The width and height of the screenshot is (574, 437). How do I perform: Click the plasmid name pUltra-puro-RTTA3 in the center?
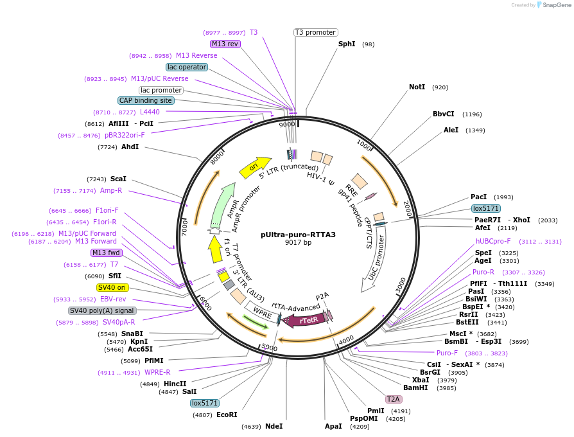pos(298,235)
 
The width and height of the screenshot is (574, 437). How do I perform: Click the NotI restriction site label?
pos(417,87)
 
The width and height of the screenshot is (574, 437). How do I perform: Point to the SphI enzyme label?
pos(347,44)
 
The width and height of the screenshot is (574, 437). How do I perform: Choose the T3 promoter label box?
pos(316,32)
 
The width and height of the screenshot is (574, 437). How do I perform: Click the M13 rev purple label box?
pos(225,44)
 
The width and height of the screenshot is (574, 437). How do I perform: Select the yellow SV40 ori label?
pos(112,287)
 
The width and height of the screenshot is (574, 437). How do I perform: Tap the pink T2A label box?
pos(393,399)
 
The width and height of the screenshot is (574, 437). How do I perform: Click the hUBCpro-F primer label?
pos(493,241)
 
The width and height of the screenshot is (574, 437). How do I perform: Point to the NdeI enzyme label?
pos(274,426)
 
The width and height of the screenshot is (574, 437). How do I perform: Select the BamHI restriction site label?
pos(415,388)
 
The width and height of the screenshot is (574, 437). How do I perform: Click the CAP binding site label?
pos(146,100)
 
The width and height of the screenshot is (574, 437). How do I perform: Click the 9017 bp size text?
pos(298,243)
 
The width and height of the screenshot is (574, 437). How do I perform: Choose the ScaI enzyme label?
pos(118,179)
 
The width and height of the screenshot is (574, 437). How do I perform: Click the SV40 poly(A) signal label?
pos(102,310)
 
